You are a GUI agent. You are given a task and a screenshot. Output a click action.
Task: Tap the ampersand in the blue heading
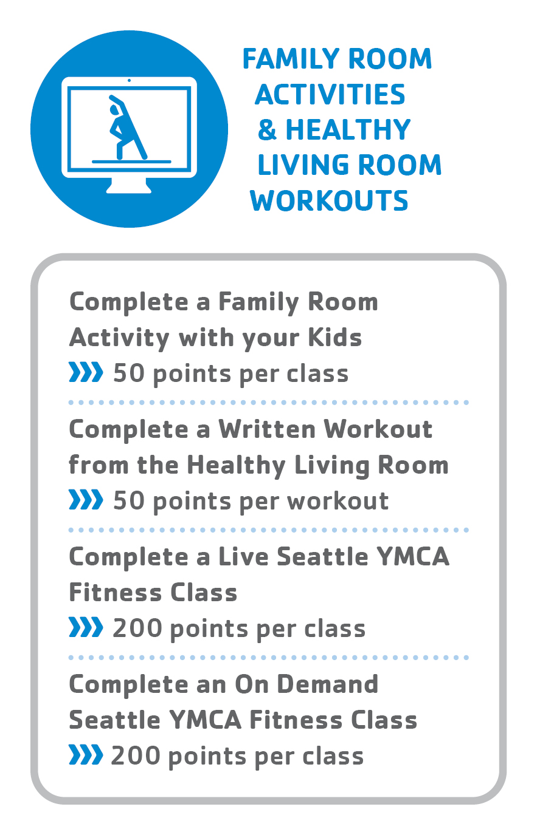point(267,130)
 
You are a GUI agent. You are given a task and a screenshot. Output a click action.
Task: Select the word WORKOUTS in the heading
point(329,200)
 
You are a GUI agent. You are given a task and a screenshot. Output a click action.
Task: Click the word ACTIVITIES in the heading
point(330,94)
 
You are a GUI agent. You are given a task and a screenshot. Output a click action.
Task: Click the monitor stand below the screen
point(129,185)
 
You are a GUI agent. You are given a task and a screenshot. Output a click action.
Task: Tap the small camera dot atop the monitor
point(129,81)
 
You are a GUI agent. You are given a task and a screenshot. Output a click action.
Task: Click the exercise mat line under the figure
point(131,162)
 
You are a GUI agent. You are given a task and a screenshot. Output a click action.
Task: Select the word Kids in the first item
point(335,338)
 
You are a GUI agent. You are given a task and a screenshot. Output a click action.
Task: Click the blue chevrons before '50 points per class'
point(86,372)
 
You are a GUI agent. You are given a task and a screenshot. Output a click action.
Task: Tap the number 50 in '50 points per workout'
point(129,500)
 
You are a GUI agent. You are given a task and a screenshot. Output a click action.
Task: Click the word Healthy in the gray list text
point(236,466)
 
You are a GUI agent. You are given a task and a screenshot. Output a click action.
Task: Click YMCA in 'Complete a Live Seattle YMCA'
point(413,557)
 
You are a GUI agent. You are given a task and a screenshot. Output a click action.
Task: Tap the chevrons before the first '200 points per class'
point(86,627)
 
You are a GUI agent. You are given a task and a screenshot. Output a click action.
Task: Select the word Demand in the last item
point(328,684)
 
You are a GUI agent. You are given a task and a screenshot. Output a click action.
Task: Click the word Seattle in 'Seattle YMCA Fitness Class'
point(115,720)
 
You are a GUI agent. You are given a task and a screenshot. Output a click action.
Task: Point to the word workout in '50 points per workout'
point(338,500)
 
